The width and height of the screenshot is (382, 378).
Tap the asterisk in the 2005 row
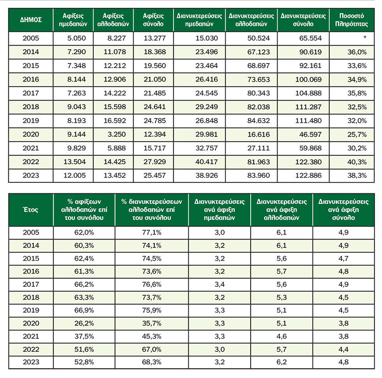364,38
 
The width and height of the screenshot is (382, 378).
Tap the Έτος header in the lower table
31,210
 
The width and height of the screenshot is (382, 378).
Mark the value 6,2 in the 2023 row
281,362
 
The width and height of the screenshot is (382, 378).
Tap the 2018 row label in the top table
31,107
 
